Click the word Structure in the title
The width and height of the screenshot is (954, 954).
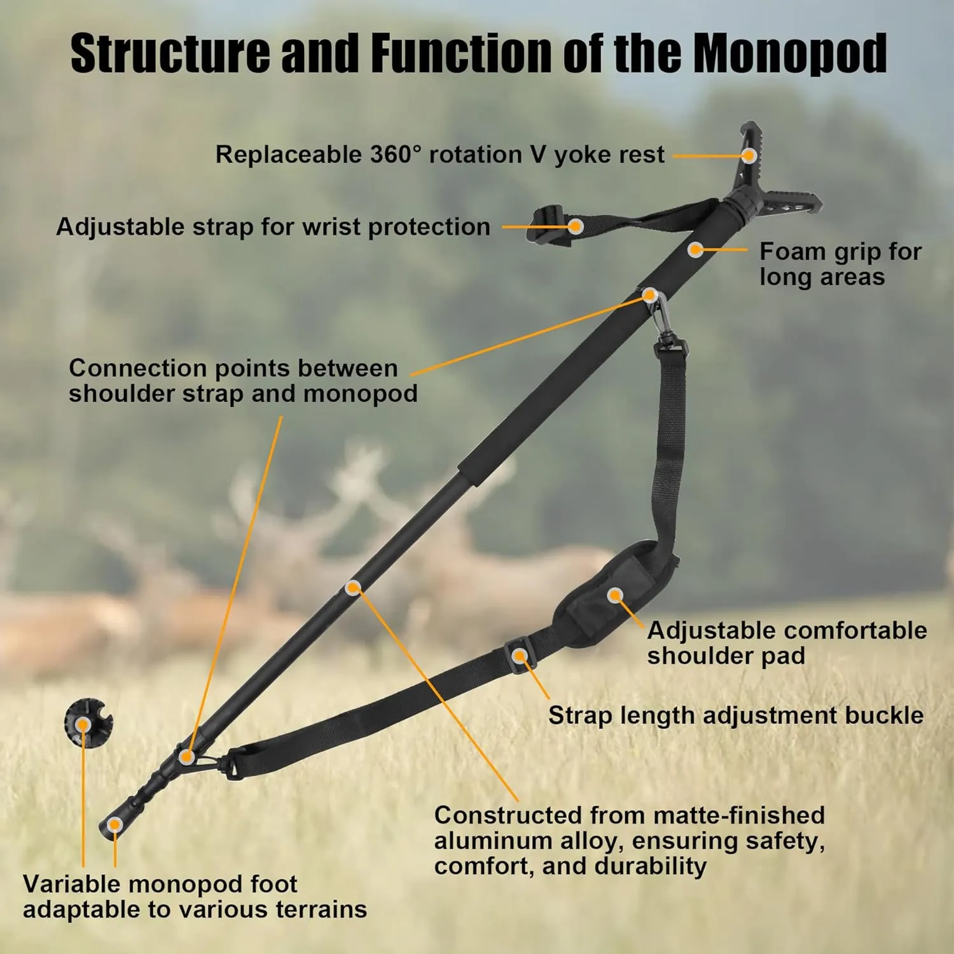170,53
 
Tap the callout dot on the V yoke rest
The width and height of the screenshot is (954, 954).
750,155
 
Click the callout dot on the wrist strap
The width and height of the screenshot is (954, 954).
576,226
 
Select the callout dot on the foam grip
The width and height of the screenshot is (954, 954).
696,249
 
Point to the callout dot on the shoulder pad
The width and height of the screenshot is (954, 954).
614,595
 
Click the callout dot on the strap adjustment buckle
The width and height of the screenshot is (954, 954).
520,656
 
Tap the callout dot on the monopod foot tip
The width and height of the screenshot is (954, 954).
115,825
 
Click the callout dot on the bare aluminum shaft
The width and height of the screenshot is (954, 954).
353,588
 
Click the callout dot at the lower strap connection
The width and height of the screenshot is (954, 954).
186,756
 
